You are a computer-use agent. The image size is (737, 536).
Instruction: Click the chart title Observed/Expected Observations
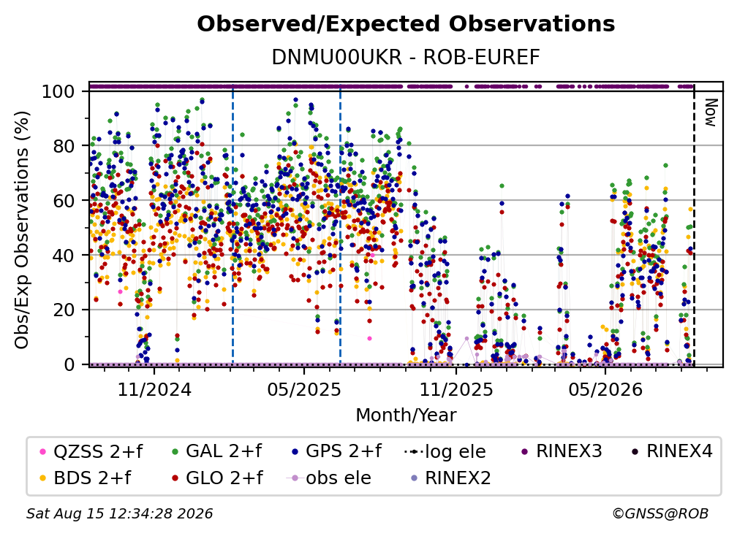point(406,24)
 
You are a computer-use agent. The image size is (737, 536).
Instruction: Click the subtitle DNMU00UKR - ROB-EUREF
point(406,58)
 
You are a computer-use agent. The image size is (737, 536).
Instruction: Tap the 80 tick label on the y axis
point(64,146)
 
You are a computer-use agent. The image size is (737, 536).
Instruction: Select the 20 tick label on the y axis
point(64,310)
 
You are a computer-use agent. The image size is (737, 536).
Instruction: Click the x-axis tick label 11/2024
point(154,390)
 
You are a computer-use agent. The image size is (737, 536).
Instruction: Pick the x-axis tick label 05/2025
point(304,390)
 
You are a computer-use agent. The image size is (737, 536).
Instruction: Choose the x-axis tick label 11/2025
point(456,390)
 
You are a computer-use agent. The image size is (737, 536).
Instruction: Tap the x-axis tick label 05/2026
point(605,390)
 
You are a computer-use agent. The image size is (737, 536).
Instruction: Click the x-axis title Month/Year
point(406,416)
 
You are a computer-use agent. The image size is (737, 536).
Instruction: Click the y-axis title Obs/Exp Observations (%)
point(22,230)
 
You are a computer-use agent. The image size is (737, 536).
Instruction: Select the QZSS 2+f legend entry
point(91,451)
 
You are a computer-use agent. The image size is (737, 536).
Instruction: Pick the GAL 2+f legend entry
point(216,451)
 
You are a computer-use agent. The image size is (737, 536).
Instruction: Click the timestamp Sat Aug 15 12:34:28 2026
point(119,514)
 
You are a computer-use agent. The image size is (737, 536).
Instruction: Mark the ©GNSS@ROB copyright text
point(660,514)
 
